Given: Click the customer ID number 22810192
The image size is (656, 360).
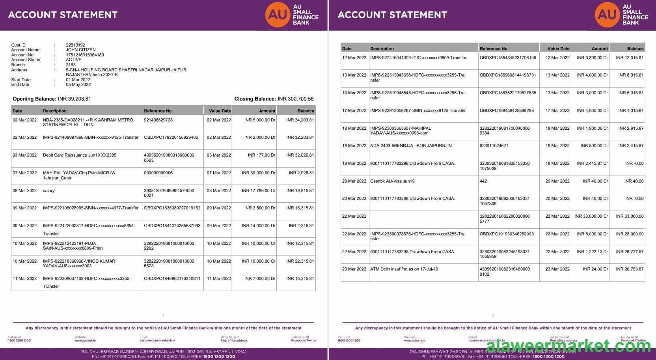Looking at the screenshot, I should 75,45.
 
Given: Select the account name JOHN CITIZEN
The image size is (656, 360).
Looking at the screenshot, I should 80,50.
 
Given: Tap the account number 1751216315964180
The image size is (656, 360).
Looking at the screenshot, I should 85,55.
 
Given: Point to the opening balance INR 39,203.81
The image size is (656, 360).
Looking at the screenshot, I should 74,99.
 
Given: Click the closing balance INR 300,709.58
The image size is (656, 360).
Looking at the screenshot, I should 295,99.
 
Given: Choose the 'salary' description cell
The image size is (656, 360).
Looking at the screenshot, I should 49,190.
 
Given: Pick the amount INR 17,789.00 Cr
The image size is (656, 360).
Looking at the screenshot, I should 258,190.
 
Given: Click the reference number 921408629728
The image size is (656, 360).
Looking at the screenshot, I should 158,120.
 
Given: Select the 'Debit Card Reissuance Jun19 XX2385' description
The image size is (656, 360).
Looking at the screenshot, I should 80,155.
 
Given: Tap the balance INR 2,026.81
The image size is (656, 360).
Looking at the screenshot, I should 301,173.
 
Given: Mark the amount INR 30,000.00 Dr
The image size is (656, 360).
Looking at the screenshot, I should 258,173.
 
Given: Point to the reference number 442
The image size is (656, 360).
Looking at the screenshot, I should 483,181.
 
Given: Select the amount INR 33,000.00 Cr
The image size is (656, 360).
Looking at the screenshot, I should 591,216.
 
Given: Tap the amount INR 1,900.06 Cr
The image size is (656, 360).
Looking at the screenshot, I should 592,128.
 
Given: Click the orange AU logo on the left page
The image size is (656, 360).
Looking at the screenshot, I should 277,15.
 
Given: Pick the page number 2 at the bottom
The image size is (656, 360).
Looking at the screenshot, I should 493,315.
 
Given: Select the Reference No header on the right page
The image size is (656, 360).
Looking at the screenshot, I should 493,48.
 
